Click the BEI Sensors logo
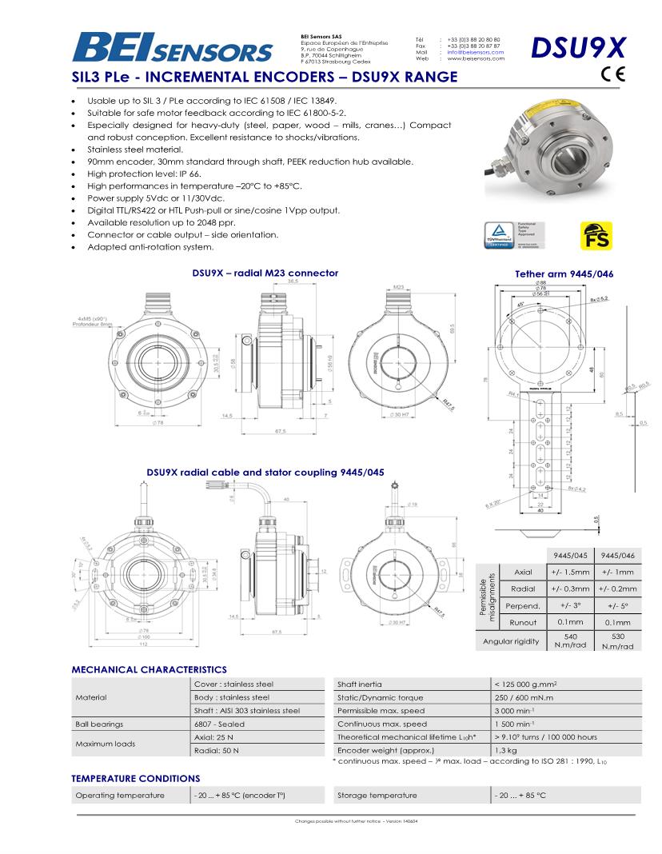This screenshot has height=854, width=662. point(172,48)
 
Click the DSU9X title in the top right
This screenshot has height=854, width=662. point(578,47)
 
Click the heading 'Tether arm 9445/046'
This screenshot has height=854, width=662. point(564,274)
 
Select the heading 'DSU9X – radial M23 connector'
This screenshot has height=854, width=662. point(265,273)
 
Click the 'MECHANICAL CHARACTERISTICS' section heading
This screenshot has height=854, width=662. point(150,669)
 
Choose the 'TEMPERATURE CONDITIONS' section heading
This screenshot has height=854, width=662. point(136,778)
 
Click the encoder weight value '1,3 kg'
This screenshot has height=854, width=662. point(506,750)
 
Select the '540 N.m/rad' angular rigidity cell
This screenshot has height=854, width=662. point(575,641)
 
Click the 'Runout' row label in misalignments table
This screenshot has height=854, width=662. point(524,622)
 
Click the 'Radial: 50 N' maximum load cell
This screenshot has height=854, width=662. point(217,750)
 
